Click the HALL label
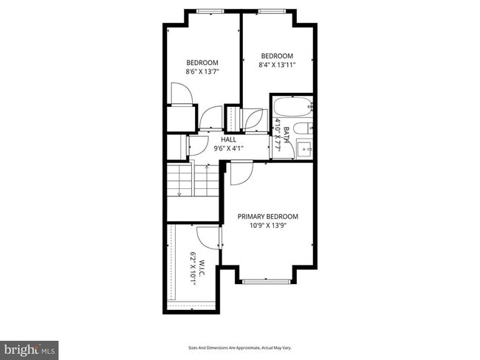(229, 139)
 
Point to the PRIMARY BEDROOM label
(267, 216)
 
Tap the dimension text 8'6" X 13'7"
(202, 72)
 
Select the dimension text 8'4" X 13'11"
(277, 66)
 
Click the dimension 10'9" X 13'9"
(267, 226)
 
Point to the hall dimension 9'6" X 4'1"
(229, 148)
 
